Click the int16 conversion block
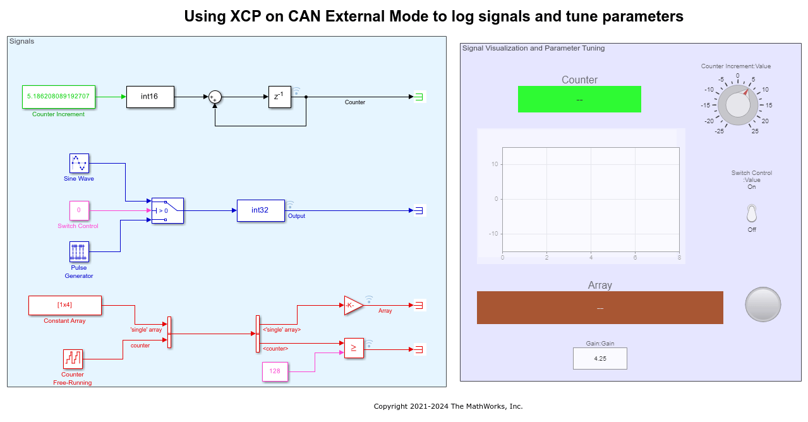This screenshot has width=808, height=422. pos(150,97)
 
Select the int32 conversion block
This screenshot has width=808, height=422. pos(260,210)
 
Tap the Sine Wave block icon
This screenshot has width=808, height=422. pos(79,163)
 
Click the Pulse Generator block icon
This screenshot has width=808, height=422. pos(79,251)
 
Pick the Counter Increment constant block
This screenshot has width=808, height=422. pos(58,97)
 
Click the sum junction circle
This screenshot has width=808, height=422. pos(215,97)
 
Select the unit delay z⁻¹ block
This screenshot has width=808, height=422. pos(279,97)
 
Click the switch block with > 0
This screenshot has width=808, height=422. pos(167,210)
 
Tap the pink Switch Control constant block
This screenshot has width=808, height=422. pos(78,210)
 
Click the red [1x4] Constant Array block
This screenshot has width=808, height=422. pos(65,305)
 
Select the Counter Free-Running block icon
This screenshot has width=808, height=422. pos(73,359)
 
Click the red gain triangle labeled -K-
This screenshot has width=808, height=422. pos(353,305)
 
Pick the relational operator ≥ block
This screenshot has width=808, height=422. pos(354,348)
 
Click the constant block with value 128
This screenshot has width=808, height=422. pos(275,371)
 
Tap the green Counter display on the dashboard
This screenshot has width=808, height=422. pos(579,99)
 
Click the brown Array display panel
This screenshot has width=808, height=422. pos(600,308)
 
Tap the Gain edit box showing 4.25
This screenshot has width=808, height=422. pos(600,358)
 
